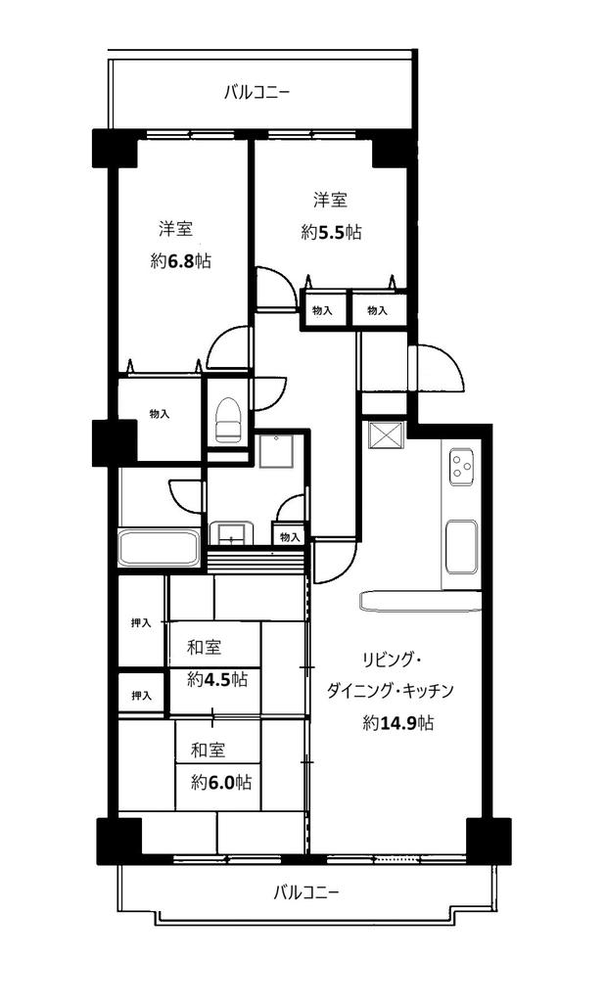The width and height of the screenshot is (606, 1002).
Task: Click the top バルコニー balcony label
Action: (x=256, y=92)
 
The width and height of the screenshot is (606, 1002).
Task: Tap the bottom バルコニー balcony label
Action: (x=305, y=891)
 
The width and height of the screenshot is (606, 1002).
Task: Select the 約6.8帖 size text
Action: (x=180, y=260)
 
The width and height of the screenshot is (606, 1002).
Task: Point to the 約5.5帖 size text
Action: (x=331, y=233)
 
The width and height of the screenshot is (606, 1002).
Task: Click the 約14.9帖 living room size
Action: (x=398, y=723)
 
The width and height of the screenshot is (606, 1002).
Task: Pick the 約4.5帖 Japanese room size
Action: (x=217, y=680)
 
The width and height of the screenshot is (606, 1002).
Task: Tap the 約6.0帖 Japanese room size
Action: (x=221, y=782)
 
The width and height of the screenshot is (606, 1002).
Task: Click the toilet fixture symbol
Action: (x=228, y=420)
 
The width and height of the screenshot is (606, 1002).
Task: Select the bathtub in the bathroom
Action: (x=160, y=548)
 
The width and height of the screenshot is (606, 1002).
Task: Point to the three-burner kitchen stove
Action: (x=461, y=466)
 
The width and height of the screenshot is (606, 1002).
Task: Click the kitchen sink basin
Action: (x=461, y=546)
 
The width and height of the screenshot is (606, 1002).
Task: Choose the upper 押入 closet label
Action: (x=141, y=623)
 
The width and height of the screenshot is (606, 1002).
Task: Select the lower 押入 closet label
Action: (x=141, y=696)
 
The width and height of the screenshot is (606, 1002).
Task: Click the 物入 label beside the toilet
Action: (x=160, y=414)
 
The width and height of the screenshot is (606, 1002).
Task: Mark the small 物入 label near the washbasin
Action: (x=290, y=537)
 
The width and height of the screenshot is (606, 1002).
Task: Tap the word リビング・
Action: (x=391, y=659)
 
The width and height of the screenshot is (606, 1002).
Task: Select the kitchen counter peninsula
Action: (x=421, y=602)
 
